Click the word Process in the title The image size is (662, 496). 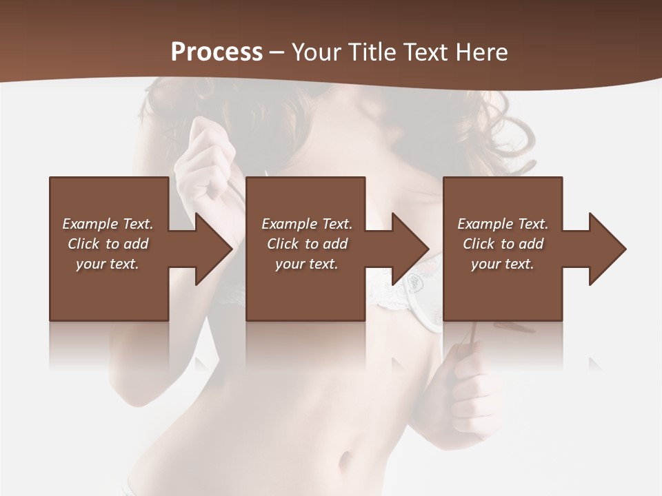[x=217, y=52]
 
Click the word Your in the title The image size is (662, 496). [x=317, y=52]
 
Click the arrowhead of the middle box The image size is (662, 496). [x=407, y=249]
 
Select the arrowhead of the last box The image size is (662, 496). [x=604, y=249]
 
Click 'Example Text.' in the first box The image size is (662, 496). [x=108, y=224]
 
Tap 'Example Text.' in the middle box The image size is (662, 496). [x=307, y=224]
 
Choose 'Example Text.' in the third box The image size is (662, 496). [x=503, y=224]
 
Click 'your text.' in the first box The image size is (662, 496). [x=108, y=264]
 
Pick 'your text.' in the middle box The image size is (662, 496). [x=307, y=264]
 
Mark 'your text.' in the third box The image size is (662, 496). [x=503, y=264]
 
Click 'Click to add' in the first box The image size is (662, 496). [x=108, y=244]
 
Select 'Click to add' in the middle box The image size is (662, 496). [x=307, y=244]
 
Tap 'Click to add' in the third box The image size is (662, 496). [x=503, y=244]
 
